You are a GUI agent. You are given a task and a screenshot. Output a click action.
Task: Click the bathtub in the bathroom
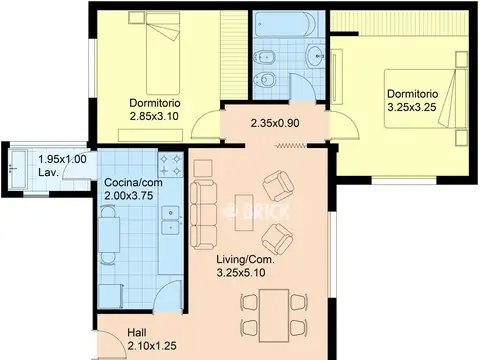(x=286, y=24)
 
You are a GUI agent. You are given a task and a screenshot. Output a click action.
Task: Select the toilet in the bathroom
(x=264, y=80)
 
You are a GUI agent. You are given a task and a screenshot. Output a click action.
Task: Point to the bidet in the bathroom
(x=264, y=57)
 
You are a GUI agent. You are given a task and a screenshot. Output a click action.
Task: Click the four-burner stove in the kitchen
(x=170, y=165)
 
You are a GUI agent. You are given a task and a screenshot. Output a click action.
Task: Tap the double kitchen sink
(x=172, y=220)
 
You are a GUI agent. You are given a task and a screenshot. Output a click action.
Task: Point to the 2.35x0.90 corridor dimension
(x=275, y=123)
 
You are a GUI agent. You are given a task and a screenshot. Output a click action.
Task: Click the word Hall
(x=137, y=333)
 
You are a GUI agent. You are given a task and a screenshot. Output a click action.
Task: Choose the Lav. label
(x=49, y=173)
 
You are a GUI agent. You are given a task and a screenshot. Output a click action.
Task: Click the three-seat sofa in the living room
(x=203, y=215)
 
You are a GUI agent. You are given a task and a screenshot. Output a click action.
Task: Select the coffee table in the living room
(x=244, y=212)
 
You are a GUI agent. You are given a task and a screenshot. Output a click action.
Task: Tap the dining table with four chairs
(x=274, y=315)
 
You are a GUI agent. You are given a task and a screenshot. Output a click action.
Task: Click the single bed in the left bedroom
(x=163, y=53)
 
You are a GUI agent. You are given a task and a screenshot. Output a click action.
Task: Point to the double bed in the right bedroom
(x=425, y=98)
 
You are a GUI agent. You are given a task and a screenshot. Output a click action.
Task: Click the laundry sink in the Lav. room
(x=17, y=169)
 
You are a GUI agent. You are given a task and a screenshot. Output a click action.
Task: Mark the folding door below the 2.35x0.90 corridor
(x=291, y=146)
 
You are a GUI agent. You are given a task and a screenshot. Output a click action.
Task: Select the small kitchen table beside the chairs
(x=109, y=234)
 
